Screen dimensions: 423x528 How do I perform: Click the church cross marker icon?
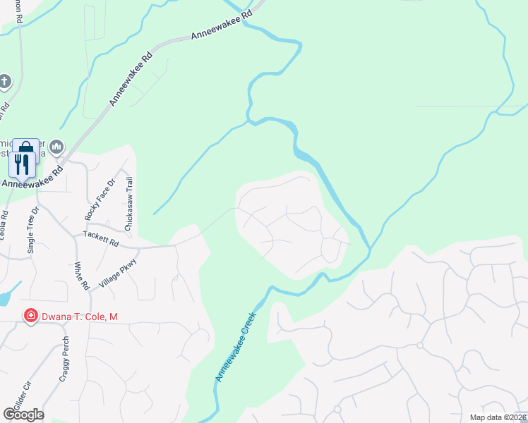tap(4, 81)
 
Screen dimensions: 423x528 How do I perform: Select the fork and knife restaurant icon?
tap(21, 165)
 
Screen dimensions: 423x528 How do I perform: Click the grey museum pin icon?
tap(56, 147)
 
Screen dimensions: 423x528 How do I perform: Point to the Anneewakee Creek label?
tap(234, 346)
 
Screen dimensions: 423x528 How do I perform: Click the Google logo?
tap(23, 415)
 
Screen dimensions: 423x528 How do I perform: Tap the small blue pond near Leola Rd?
tap(7, 296)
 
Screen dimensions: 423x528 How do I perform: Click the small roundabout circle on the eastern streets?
tap(419, 345)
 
